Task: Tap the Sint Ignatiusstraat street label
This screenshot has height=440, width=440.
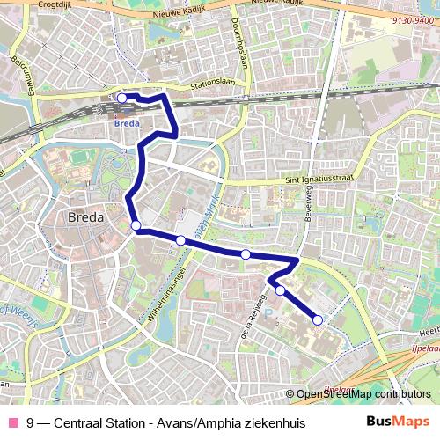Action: [x=318, y=178]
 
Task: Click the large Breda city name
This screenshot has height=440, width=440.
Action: [x=86, y=216]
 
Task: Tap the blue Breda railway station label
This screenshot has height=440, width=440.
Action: [x=127, y=123]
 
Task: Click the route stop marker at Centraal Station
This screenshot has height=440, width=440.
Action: [x=122, y=98]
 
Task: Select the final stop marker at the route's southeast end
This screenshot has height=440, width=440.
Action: [x=318, y=320]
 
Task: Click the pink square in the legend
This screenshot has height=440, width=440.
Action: [x=12, y=423]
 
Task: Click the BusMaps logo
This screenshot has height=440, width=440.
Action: [x=399, y=422]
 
